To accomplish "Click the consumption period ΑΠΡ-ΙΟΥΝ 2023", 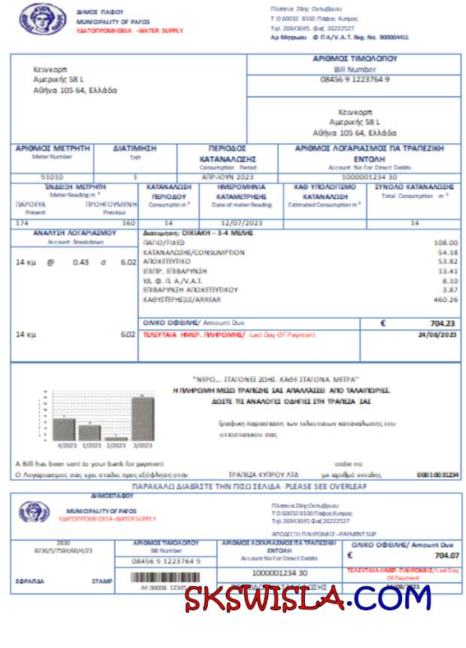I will (227, 176).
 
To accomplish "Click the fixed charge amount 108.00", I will (446, 243).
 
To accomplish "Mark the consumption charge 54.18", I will (447, 252).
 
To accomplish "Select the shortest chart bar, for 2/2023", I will (115, 438).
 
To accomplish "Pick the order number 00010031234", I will (437, 475).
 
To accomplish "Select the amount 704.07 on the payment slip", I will (446, 556).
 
